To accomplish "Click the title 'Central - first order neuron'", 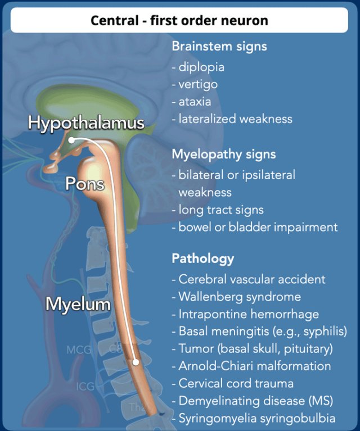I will pyautogui.click(x=179, y=21).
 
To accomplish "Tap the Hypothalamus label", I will pyautogui.click(x=86, y=123).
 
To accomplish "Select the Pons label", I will pyautogui.click(x=85, y=183).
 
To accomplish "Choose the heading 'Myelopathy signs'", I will pyautogui.click(x=224, y=153).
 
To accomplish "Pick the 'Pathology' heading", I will pyautogui.click(x=202, y=259).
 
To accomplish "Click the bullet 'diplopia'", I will pyautogui.click(x=201, y=67).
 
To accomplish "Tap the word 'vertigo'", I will pyautogui.click(x=198, y=84).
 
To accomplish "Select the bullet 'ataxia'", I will pyautogui.click(x=195, y=102).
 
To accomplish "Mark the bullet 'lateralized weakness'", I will pyautogui.click(x=235, y=119).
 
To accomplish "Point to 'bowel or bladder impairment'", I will pyautogui.click(x=258, y=227).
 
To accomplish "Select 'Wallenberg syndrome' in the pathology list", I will pyautogui.click(x=239, y=297).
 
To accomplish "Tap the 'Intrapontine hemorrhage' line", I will pyautogui.click(x=248, y=314).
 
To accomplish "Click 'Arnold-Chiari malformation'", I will pyautogui.click(x=254, y=366).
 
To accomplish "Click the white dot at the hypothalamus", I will pyautogui.click(x=72, y=140).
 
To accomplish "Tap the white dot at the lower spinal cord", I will pyautogui.click(x=136, y=362).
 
